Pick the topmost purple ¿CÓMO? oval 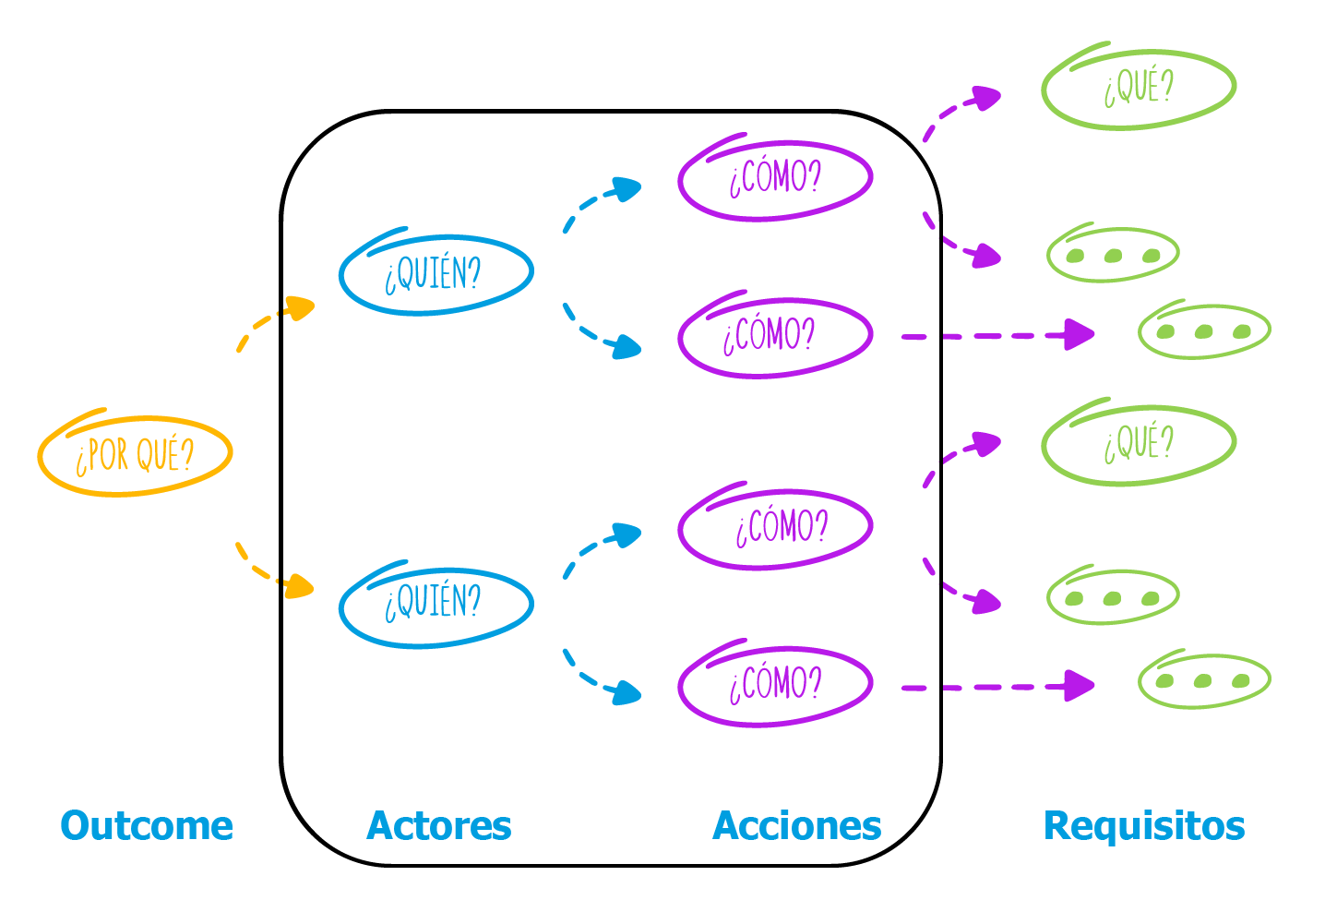point(775,179)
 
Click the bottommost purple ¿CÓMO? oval point(775,686)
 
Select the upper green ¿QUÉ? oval point(1139,88)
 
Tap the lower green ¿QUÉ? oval point(1139,444)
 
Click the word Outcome point(147,825)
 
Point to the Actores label point(439,825)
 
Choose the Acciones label point(797,825)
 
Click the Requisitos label point(1144,825)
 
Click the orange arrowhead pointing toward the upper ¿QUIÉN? point(300,307)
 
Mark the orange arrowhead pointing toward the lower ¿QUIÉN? point(300,586)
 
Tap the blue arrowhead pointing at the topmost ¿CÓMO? point(627,190)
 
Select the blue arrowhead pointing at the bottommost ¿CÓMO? point(627,692)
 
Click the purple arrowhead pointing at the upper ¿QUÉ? point(987,98)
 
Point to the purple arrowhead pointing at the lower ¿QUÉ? point(987,445)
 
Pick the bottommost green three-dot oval point(1204,681)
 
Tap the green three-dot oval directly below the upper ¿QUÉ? point(1113,255)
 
